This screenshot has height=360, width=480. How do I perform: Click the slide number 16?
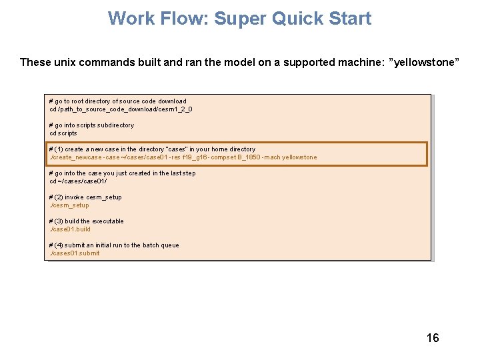tap(433, 338)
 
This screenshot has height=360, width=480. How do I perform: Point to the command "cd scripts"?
tap(63, 133)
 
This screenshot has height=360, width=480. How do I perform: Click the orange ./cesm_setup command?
tap(69, 205)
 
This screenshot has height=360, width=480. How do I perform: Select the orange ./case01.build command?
tap(70, 229)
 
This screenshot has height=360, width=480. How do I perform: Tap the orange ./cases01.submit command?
tap(75, 253)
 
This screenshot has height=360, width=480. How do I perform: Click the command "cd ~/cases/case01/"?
tap(78, 181)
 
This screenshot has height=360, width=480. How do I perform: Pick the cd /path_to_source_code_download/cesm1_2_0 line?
tap(121, 109)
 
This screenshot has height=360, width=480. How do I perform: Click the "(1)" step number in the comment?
tap(59, 149)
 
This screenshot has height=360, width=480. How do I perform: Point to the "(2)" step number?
tap(59, 197)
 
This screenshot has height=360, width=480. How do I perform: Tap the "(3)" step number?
tap(59, 221)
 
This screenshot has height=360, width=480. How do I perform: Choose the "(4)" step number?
tap(59, 245)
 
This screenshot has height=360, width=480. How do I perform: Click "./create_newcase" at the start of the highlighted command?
tap(75, 157)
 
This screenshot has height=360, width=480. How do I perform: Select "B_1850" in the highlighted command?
tap(242, 157)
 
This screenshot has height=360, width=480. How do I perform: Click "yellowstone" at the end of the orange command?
tap(299, 157)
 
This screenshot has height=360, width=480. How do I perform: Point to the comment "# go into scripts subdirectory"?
tap(91, 125)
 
